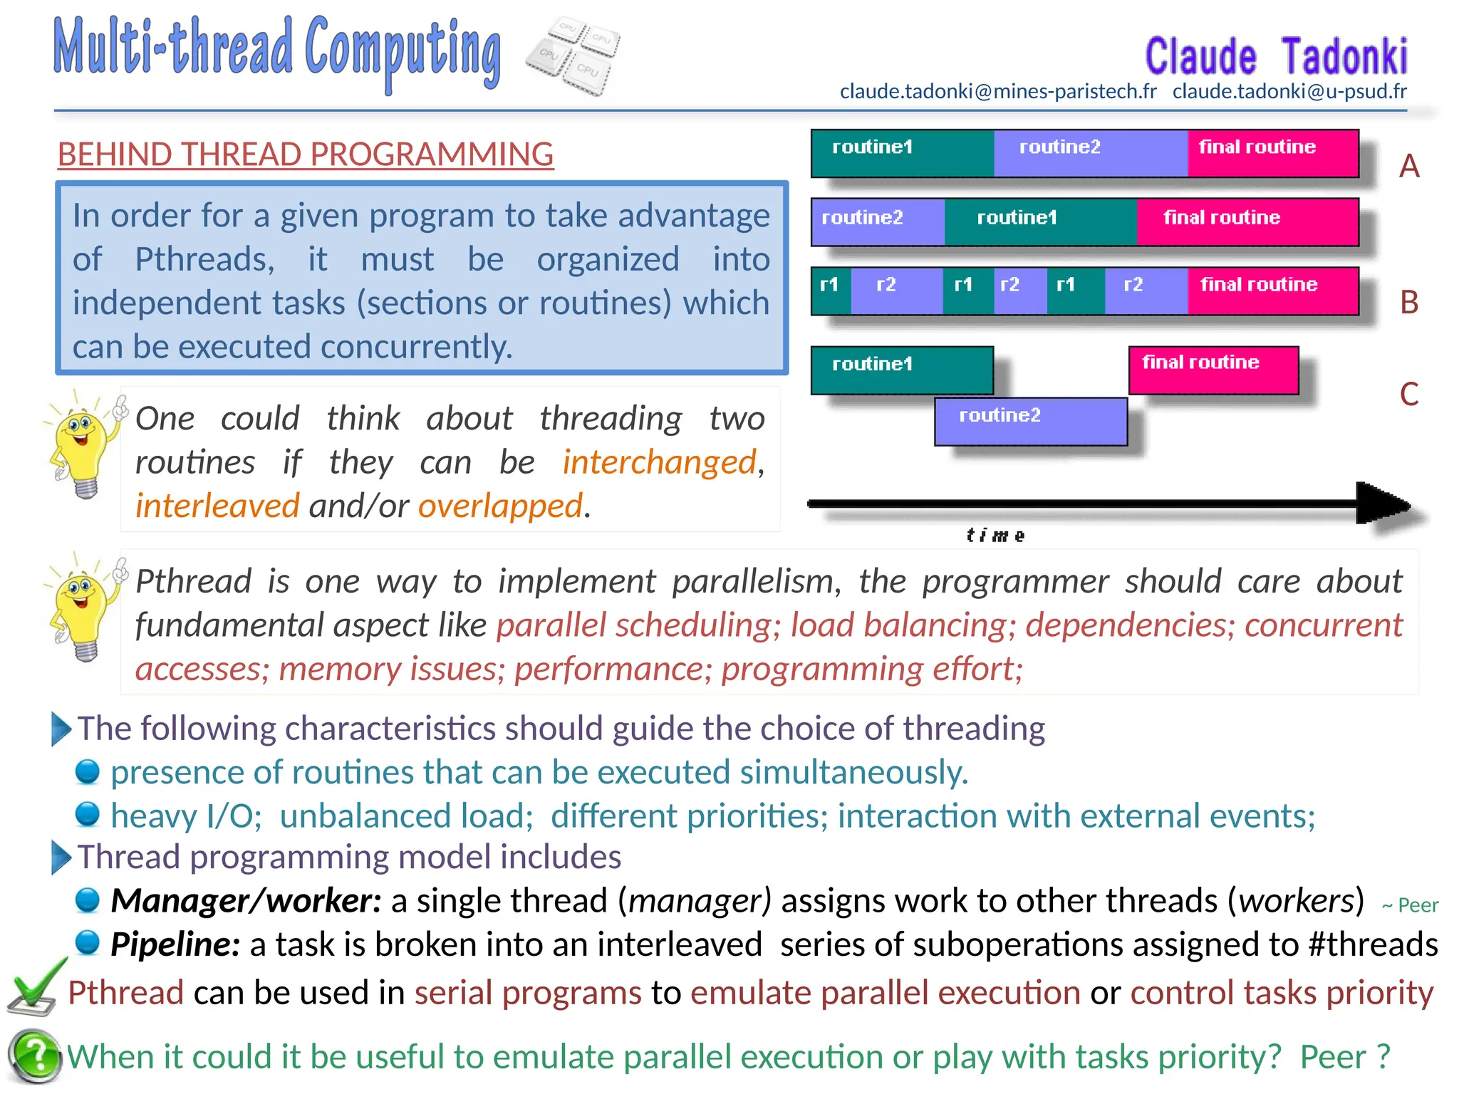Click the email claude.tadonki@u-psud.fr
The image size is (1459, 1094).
[x=1289, y=92]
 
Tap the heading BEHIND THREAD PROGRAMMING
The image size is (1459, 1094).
[x=306, y=155]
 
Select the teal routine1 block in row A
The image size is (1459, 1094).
[x=902, y=153]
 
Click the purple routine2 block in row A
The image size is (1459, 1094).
[x=1090, y=153]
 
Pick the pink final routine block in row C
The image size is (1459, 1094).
[x=1213, y=370]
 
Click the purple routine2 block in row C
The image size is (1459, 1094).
[x=1030, y=421]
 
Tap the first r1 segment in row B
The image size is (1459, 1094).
[x=830, y=291]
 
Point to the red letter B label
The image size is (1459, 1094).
[x=1408, y=303]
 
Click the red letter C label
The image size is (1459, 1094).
[x=1408, y=394]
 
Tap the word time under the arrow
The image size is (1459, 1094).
[x=995, y=536]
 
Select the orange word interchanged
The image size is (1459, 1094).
[x=659, y=462]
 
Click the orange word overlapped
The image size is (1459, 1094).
[x=500, y=506]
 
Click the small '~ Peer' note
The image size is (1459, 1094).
[x=1410, y=905]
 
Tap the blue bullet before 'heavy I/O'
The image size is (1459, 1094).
[x=88, y=813]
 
